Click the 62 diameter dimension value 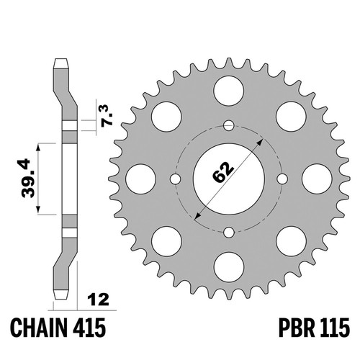pyautogui.click(x=223, y=172)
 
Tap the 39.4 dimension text pyautogui.click(x=29, y=178)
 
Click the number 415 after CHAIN pyautogui.click(x=89, y=328)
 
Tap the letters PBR pyautogui.click(x=297, y=328)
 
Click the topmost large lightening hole pyautogui.click(x=228, y=91)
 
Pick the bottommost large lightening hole pyautogui.click(x=228, y=267)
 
